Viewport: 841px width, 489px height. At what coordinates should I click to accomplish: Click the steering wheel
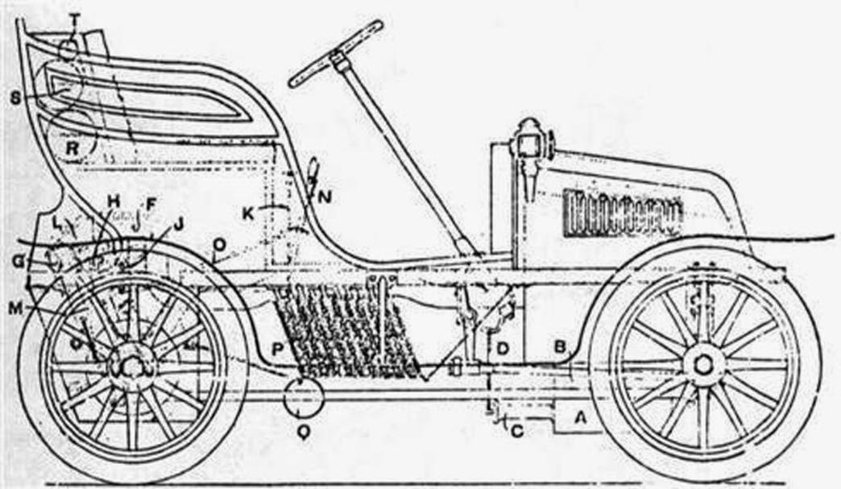(x=336, y=53)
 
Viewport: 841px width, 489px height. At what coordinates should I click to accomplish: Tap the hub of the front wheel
(x=702, y=364)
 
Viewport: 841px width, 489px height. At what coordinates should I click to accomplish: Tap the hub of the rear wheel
(x=132, y=365)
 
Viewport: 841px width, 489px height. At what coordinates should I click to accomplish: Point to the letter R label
(x=73, y=147)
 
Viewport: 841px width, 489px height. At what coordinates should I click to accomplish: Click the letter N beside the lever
(x=324, y=196)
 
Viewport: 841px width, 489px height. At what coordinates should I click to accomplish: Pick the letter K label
(x=250, y=213)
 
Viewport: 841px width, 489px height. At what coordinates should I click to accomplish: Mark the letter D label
(x=503, y=348)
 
